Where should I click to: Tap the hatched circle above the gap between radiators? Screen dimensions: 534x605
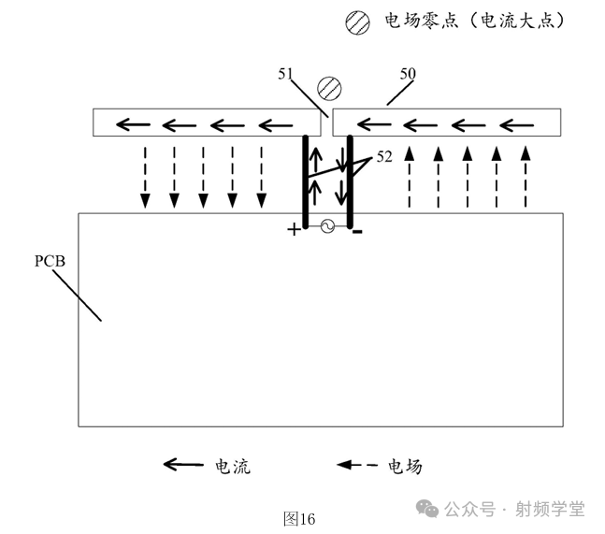(x=328, y=88)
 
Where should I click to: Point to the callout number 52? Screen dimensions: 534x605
(x=384, y=158)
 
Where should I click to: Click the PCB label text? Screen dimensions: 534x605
(x=50, y=260)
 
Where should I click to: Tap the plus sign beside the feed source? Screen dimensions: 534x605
(x=295, y=229)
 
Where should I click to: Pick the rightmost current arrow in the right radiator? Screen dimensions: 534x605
(x=516, y=123)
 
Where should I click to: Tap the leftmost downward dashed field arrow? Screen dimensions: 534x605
(x=145, y=176)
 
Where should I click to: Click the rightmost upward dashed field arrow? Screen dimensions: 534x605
(x=526, y=176)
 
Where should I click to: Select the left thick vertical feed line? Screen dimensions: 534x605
(x=305, y=181)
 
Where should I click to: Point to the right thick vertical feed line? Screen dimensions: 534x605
(x=349, y=181)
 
